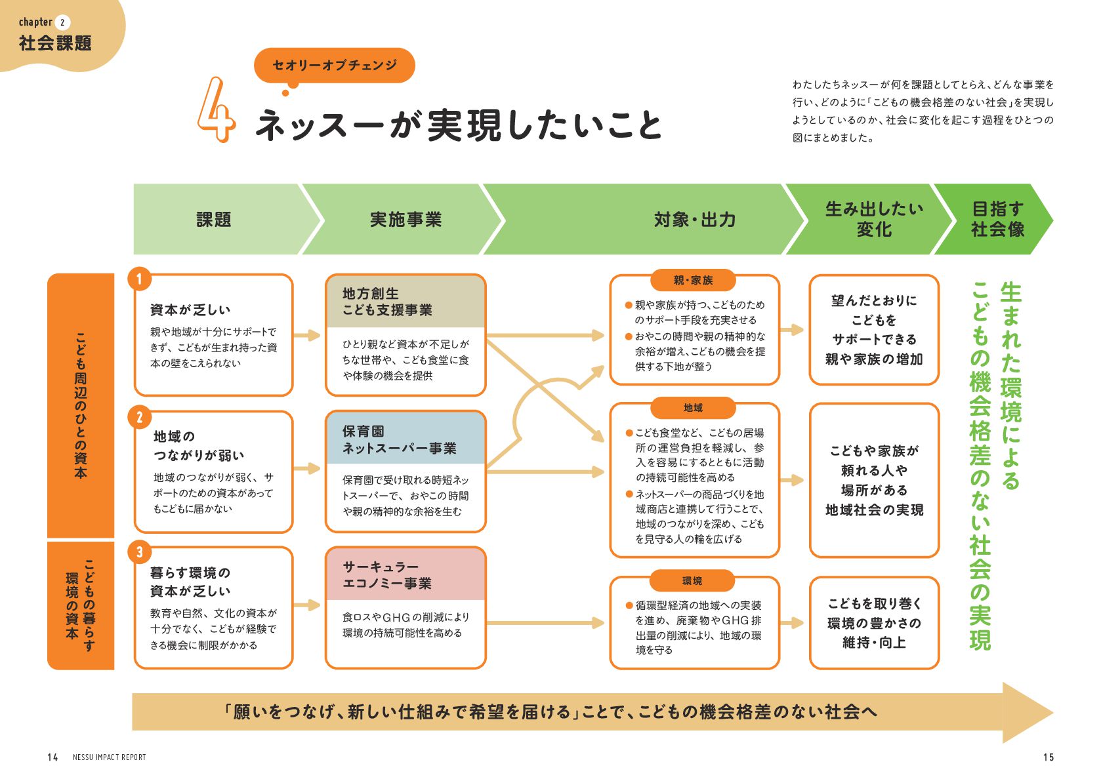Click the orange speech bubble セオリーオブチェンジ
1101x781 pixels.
pyautogui.click(x=334, y=65)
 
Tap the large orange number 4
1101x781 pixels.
pyautogui.click(x=216, y=110)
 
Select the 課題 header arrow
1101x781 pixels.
pyautogui.click(x=214, y=219)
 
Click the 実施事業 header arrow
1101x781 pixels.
pyautogui.click(x=405, y=219)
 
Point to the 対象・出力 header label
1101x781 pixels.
pyautogui.click(x=694, y=219)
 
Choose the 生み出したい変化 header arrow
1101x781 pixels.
pyautogui.click(x=873, y=219)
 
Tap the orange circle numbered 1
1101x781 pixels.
pyautogui.click(x=139, y=279)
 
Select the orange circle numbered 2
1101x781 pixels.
pyautogui.click(x=139, y=417)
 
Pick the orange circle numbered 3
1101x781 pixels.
pyautogui.click(x=139, y=552)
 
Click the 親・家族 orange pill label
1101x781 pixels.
pyautogui.click(x=693, y=281)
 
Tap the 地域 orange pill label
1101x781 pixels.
pyautogui.click(x=693, y=408)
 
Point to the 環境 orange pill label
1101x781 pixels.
pyautogui.click(x=692, y=581)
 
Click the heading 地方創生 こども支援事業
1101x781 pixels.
pyautogui.click(x=387, y=302)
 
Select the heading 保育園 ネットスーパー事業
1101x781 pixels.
pyautogui.click(x=399, y=440)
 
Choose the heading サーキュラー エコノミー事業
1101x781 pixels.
pyautogui.click(x=387, y=575)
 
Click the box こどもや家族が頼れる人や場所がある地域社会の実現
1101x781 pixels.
pyautogui.click(x=874, y=480)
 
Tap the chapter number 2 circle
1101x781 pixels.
pyautogui.click(x=62, y=23)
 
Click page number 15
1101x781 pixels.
pyautogui.click(x=1048, y=757)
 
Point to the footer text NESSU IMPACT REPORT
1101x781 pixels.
pyautogui.click(x=110, y=757)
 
